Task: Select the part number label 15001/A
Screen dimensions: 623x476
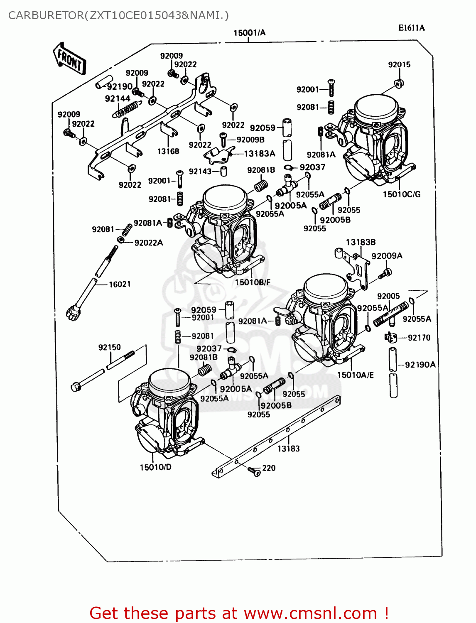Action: pos(249,33)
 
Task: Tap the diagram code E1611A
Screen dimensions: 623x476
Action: pos(411,28)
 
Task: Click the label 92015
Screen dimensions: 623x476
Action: pos(399,64)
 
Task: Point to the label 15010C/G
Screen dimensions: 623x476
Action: pos(401,194)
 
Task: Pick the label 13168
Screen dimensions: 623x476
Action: pos(168,151)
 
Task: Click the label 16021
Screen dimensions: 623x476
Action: pos(120,284)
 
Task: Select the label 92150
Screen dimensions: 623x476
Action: pos(109,347)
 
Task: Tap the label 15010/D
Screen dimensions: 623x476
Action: pos(155,467)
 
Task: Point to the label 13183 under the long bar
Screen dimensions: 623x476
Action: pos(288,449)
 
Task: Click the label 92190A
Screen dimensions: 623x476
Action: pos(420,365)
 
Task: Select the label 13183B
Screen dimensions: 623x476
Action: pos(361,242)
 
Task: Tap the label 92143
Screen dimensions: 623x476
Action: pos(200,171)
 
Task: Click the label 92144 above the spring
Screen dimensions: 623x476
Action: pos(118,98)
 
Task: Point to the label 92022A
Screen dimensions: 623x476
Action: pos(149,243)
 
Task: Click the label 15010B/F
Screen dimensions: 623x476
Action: pos(253,282)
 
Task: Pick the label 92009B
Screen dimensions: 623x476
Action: pos(250,140)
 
